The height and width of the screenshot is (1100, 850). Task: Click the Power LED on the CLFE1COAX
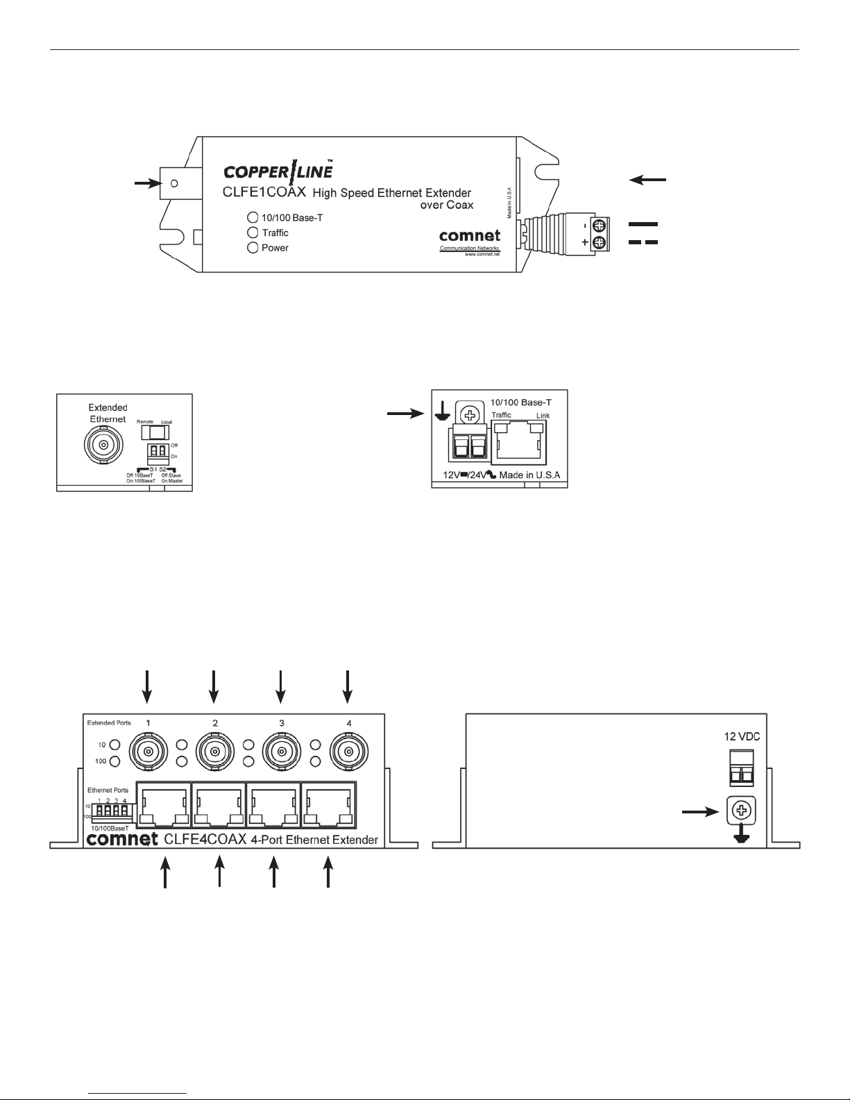pos(253,248)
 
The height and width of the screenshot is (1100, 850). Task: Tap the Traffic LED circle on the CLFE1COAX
pos(253,232)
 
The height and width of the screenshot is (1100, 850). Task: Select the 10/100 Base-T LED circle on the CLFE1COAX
pos(253,217)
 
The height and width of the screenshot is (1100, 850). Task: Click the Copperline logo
pos(278,170)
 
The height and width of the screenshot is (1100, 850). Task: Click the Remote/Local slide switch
pos(156,432)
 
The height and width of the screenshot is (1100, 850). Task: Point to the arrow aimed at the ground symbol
pos(404,414)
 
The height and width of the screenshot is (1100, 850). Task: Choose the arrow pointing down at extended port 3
pos(281,686)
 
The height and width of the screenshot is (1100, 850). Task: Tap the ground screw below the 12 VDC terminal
pos(740,811)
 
